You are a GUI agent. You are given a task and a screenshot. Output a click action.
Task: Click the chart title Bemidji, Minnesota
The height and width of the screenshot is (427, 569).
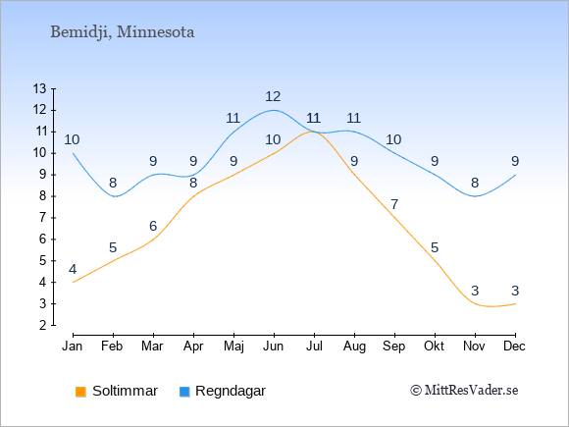point(123,32)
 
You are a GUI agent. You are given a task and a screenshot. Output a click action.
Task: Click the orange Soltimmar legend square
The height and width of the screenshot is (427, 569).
point(80,392)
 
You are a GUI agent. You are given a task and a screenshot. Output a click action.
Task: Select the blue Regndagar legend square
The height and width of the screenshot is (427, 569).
point(184,392)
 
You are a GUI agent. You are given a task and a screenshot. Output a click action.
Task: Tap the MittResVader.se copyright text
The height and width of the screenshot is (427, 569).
point(464,391)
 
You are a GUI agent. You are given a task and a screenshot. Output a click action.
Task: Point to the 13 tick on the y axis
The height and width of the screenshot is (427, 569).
point(39,88)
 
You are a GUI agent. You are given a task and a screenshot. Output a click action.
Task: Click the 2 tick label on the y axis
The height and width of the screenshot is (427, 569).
point(43,325)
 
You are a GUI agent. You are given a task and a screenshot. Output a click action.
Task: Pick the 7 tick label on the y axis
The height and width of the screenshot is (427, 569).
point(43,218)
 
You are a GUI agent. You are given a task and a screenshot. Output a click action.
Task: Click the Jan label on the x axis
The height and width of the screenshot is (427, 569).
point(73,347)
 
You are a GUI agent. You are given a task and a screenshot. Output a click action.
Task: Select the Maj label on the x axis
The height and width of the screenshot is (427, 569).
point(233,347)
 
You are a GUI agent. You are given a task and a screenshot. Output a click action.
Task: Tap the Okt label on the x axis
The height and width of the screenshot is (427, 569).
point(434,347)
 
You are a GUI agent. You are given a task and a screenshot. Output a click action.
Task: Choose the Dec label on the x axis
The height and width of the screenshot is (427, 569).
point(515,347)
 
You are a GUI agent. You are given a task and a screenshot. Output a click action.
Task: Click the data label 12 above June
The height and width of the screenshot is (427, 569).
point(273,96)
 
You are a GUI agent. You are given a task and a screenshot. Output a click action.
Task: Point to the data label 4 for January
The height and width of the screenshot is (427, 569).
point(73,269)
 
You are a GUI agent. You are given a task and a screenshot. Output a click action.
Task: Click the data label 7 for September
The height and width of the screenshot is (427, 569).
point(394,204)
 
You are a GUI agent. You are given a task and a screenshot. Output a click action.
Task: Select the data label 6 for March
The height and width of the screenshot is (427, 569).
point(153,226)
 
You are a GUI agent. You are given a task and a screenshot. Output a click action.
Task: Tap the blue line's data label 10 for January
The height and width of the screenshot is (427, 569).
point(72,139)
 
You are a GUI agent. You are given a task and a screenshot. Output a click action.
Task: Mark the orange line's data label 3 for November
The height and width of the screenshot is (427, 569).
point(475,291)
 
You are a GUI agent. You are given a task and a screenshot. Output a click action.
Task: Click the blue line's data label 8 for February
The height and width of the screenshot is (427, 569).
point(113,183)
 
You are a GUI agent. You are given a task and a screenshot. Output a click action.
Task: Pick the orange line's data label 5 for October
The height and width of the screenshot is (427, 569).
point(435,248)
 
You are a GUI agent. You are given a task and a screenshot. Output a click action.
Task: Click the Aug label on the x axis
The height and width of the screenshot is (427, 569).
point(354,347)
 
